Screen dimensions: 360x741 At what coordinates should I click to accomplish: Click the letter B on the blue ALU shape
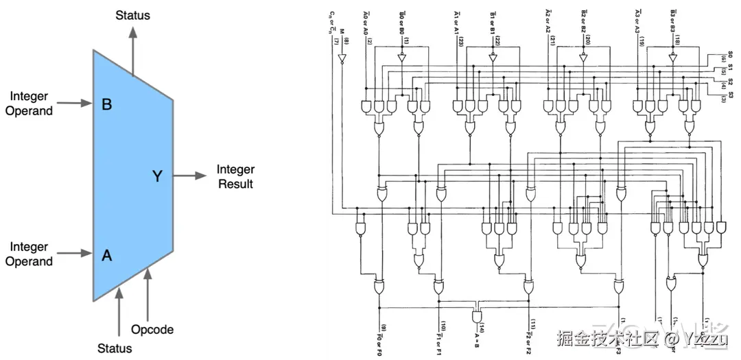click(107, 105)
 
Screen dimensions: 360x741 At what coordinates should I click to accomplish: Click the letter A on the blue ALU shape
click(106, 255)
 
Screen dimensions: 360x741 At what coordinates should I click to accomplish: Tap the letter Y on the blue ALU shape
click(157, 176)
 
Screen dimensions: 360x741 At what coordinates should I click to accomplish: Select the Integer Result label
click(235, 176)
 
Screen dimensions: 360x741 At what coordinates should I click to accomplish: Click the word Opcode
click(152, 329)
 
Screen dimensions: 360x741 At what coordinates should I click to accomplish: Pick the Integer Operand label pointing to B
click(29, 104)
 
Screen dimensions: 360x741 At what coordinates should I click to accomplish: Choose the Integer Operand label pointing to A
click(29, 254)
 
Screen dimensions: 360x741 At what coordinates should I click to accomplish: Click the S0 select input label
click(730, 54)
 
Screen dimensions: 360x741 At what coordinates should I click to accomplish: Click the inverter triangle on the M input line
click(340, 60)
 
